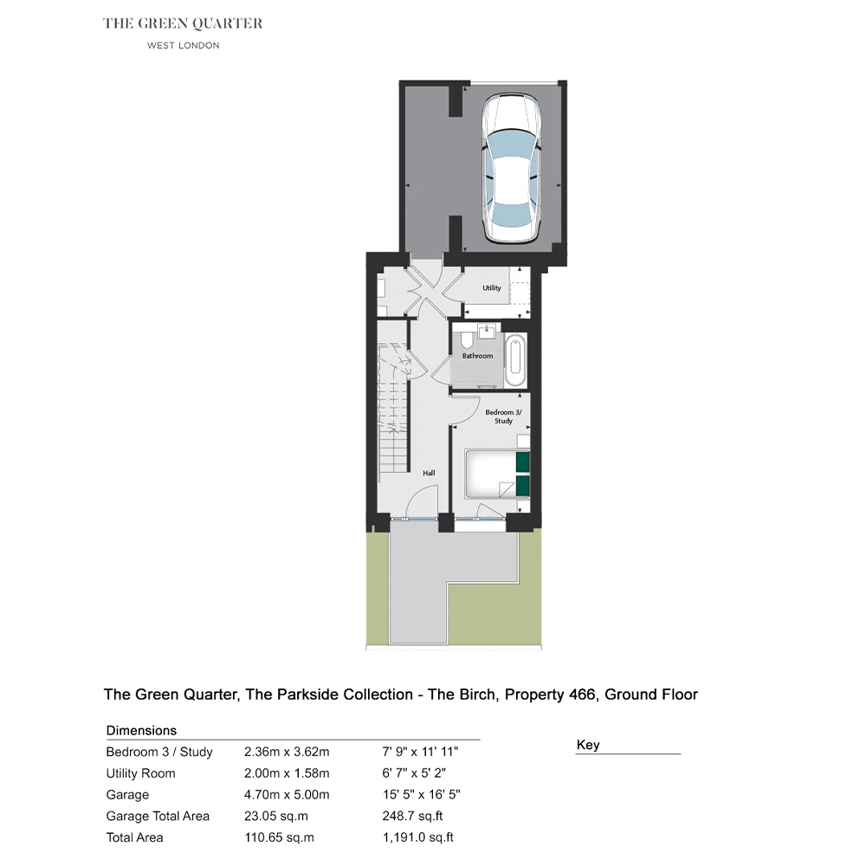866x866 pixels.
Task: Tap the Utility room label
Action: (492, 288)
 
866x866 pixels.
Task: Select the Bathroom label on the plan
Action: (477, 356)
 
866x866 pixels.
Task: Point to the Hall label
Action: (429, 473)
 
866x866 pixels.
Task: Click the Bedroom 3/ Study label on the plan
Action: (503, 417)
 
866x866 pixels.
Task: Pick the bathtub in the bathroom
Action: (515, 360)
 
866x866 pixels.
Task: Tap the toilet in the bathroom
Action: (466, 339)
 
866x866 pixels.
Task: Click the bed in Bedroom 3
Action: (498, 475)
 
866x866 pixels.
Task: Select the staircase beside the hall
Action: (393, 408)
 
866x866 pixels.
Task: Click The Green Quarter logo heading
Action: (183, 23)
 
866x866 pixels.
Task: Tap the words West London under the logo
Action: (183, 45)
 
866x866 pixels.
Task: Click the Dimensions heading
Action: (141, 730)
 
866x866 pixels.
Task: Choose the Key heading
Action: (588, 745)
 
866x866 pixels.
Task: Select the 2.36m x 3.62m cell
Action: (287, 752)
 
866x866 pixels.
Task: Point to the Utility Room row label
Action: (140, 773)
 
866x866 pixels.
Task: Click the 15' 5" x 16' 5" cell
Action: (421, 794)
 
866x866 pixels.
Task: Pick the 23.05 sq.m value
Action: (276, 816)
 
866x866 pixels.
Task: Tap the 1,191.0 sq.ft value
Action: (417, 837)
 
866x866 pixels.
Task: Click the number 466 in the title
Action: (582, 695)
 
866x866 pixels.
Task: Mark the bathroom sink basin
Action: (486, 332)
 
